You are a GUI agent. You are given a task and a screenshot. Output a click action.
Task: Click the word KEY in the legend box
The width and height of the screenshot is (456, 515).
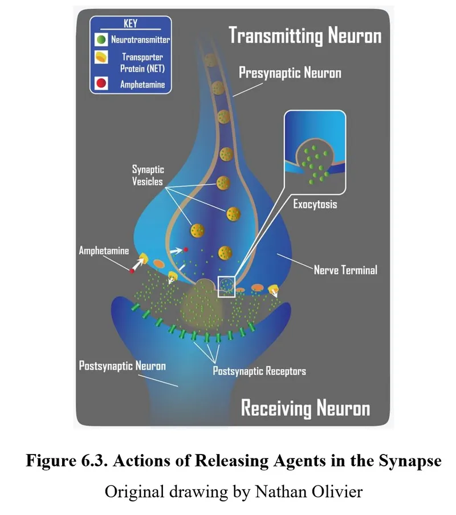(x=131, y=24)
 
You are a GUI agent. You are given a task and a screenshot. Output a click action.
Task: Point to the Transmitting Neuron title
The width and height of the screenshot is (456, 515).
(x=305, y=36)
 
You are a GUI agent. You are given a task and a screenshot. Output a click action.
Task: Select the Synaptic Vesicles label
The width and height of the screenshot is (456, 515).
(x=148, y=176)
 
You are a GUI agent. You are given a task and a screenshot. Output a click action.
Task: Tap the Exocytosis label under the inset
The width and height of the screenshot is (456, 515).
(x=315, y=204)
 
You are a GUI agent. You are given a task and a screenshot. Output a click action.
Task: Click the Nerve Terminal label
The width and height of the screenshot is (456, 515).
(x=345, y=270)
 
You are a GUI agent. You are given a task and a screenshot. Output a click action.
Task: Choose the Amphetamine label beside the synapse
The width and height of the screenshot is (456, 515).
(x=104, y=250)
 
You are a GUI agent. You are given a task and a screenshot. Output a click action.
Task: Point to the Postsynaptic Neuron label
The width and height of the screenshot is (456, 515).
(x=122, y=365)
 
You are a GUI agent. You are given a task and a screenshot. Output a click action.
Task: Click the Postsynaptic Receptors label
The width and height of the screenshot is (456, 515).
(x=259, y=371)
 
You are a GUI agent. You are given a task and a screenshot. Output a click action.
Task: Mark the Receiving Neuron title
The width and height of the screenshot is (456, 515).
(x=305, y=408)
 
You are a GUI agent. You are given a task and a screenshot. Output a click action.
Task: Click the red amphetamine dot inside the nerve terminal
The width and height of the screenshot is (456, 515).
(x=186, y=250)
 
